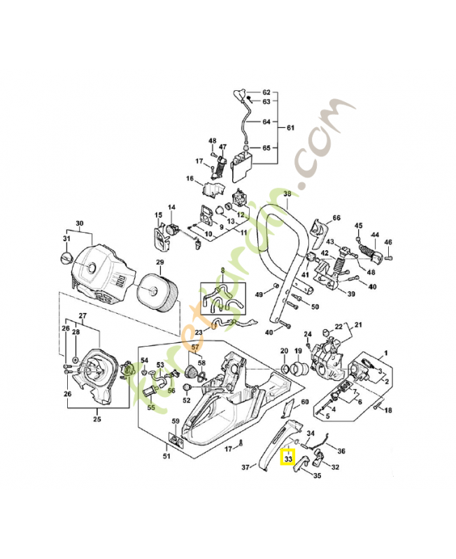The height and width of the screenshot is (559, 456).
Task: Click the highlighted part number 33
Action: [288, 459]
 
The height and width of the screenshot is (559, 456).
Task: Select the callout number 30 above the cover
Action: [79, 224]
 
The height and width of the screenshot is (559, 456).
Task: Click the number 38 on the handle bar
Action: [287, 194]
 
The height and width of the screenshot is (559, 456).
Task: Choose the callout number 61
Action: [291, 128]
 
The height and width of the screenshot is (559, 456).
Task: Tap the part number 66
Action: [336, 218]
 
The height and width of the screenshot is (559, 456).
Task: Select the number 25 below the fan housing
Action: [97, 419]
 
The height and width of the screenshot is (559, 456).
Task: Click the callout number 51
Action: [166, 457]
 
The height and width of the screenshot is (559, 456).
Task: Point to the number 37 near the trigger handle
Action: [246, 467]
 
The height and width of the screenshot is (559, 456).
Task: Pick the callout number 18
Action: [388, 410]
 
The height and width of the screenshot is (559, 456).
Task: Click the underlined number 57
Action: [196, 347]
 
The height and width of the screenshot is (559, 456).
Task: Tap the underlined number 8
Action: [223, 270]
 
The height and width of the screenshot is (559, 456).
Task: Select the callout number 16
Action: [190, 179]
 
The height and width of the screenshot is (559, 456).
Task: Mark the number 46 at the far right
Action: [389, 242]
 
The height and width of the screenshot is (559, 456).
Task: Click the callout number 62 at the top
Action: [266, 93]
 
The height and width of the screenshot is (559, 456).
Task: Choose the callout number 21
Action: [359, 325]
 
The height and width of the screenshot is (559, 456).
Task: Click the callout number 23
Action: [199, 332]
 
